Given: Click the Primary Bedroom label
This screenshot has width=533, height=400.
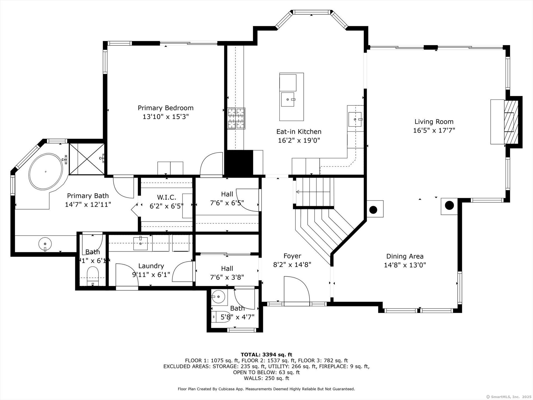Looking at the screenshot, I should [165, 108].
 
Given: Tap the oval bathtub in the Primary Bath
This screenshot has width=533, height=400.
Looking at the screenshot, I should [46, 171].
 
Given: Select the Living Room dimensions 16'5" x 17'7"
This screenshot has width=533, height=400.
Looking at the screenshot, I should [434, 130].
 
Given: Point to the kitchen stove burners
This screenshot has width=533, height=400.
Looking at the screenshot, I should [236, 119].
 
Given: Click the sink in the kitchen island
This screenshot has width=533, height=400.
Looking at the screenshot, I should [288, 99].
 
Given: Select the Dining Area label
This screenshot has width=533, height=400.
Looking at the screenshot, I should [405, 256].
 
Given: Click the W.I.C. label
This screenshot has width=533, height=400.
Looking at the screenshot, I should [167, 197].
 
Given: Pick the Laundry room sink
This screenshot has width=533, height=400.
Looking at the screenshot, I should [141, 243].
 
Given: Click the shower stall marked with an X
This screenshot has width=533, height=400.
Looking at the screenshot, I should [86, 159].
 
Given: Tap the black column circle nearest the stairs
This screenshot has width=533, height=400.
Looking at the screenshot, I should [373, 209].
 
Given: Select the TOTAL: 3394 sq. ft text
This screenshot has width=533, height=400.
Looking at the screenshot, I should [266, 354].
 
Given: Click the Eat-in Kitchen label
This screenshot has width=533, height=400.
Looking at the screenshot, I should [299, 132].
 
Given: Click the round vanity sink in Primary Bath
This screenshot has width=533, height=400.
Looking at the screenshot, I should [45, 244].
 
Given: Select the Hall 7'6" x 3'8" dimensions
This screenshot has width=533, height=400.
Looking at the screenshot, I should [227, 277].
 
